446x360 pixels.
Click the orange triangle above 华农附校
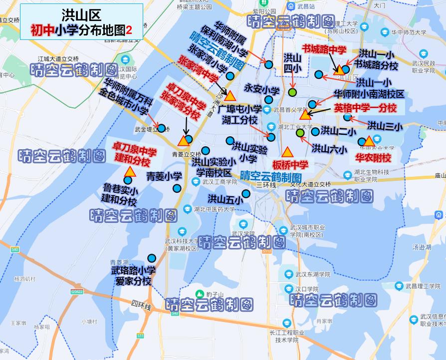coord(369,141)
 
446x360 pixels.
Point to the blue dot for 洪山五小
coord(246,194)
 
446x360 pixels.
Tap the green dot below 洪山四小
coord(292,92)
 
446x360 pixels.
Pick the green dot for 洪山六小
coord(300,133)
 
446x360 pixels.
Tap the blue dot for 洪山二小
coord(315,132)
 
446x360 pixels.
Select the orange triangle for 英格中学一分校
coord(305,115)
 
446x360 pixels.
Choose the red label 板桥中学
coord(290,164)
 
